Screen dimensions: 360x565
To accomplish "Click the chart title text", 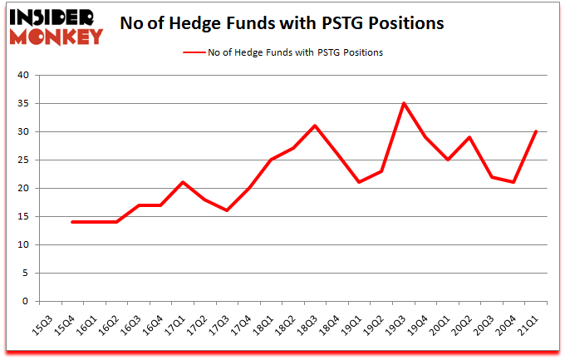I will click(282, 23).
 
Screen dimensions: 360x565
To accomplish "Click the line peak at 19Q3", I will click(402, 103).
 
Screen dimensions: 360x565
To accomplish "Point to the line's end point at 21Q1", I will click(536, 131).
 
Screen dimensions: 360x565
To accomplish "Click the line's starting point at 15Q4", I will click(71, 222).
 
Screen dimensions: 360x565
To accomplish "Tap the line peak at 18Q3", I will click(315, 126).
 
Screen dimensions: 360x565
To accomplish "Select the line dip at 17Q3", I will click(226, 210).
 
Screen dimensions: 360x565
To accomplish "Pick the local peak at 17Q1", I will click(183, 182).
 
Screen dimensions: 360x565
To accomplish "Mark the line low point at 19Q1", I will click(358, 182).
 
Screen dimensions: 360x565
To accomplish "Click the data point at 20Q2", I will click(469, 137).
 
